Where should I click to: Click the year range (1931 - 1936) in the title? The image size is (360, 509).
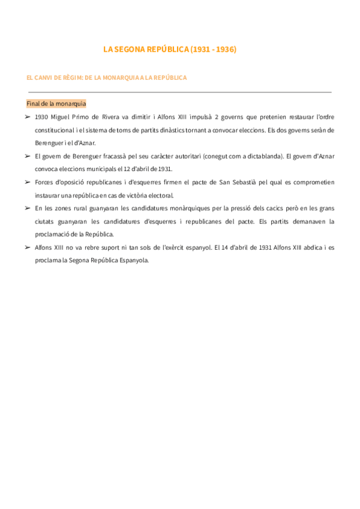pos(212,50)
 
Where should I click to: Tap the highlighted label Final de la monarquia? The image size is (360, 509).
pos(56,103)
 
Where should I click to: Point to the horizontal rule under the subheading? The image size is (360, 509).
pos(180,92)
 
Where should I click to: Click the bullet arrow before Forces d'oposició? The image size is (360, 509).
pos(28,182)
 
